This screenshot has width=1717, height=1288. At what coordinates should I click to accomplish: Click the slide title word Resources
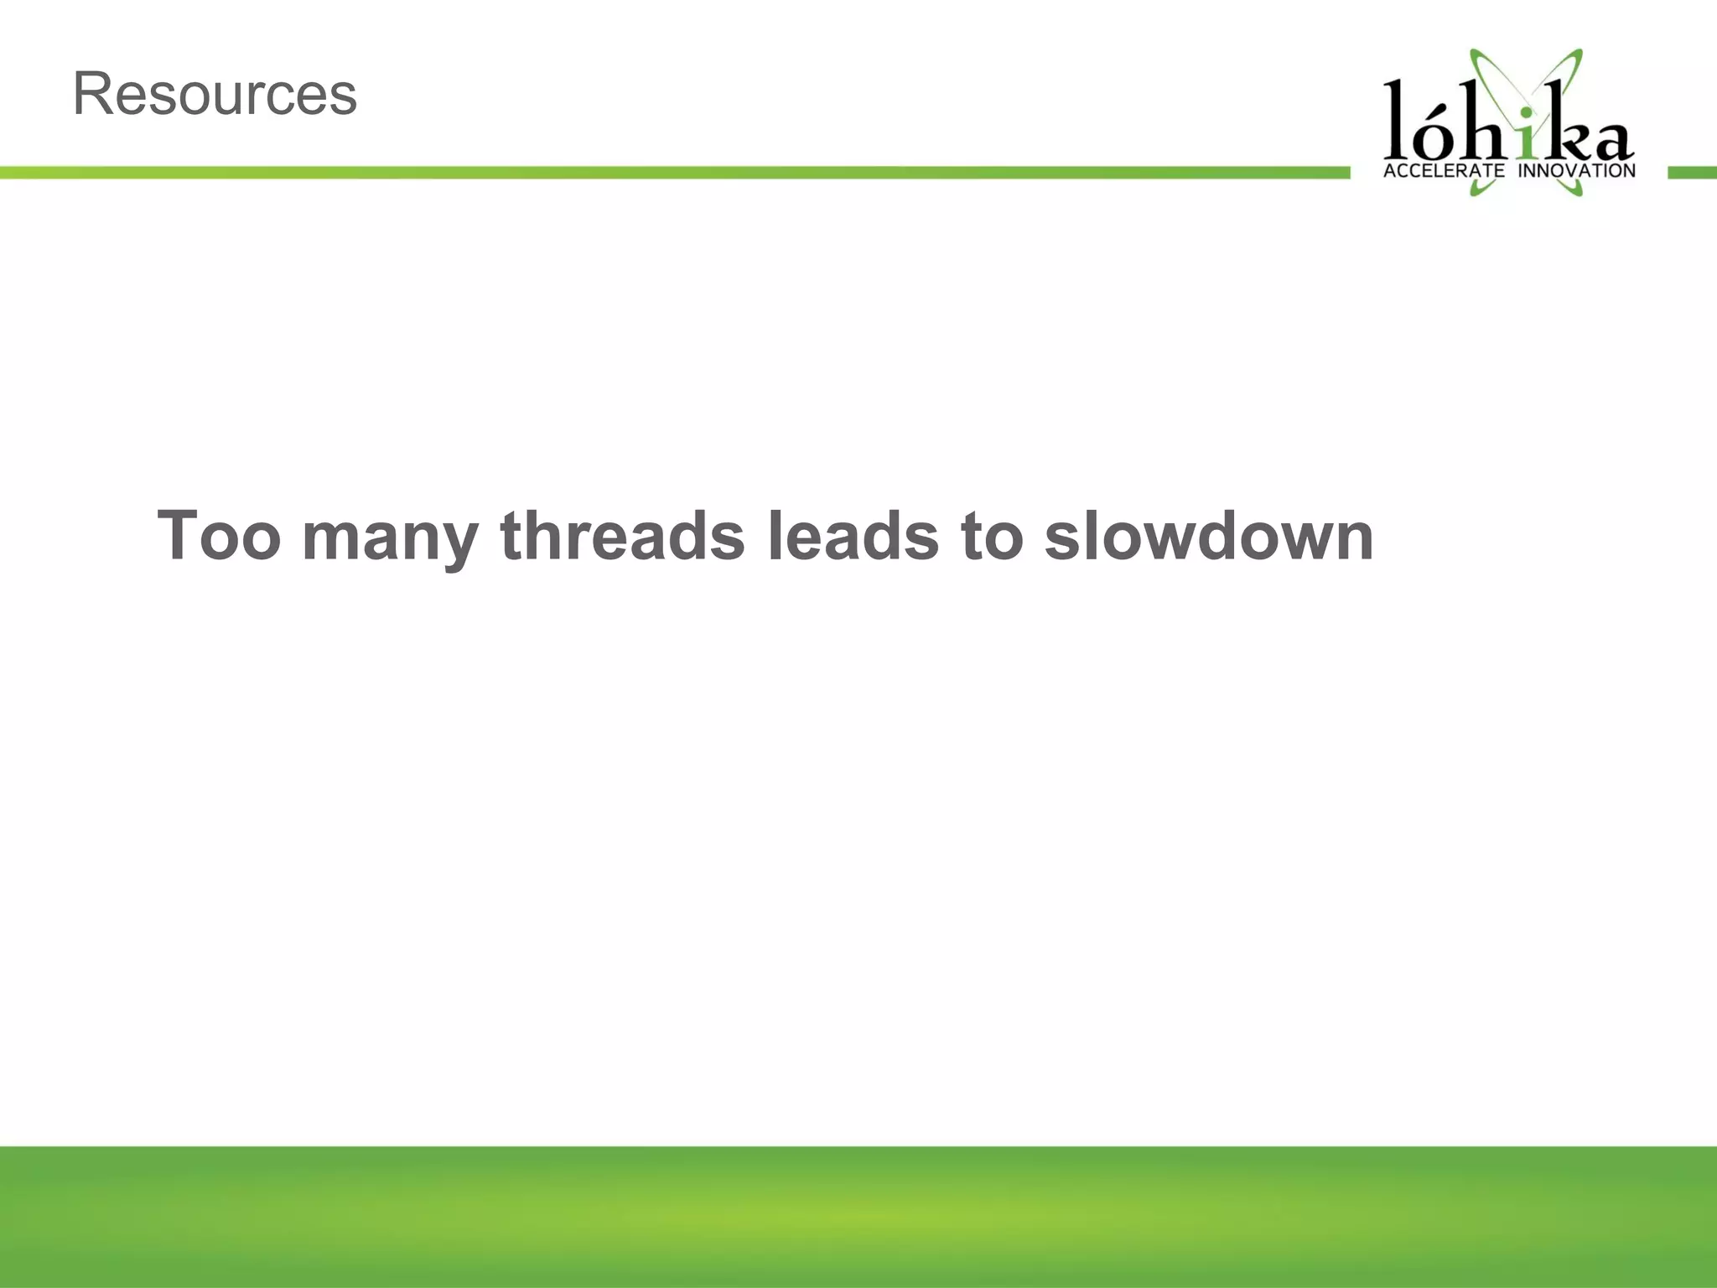[x=215, y=94]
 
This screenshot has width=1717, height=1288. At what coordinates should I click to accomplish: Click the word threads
[x=622, y=537]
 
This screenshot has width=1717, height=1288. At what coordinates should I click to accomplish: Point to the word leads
[x=853, y=537]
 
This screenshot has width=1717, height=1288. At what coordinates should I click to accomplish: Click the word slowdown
[x=1208, y=537]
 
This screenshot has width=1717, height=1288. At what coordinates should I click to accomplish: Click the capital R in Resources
[x=92, y=94]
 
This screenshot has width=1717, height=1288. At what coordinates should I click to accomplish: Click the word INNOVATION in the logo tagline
[x=1577, y=171]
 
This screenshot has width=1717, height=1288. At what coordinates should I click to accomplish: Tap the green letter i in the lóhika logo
[x=1528, y=141]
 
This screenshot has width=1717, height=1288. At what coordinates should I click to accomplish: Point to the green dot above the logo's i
[x=1528, y=112]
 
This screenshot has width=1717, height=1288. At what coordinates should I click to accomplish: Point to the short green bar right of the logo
[x=1692, y=172]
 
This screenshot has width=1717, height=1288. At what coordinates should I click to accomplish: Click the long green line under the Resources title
[x=671, y=172]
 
